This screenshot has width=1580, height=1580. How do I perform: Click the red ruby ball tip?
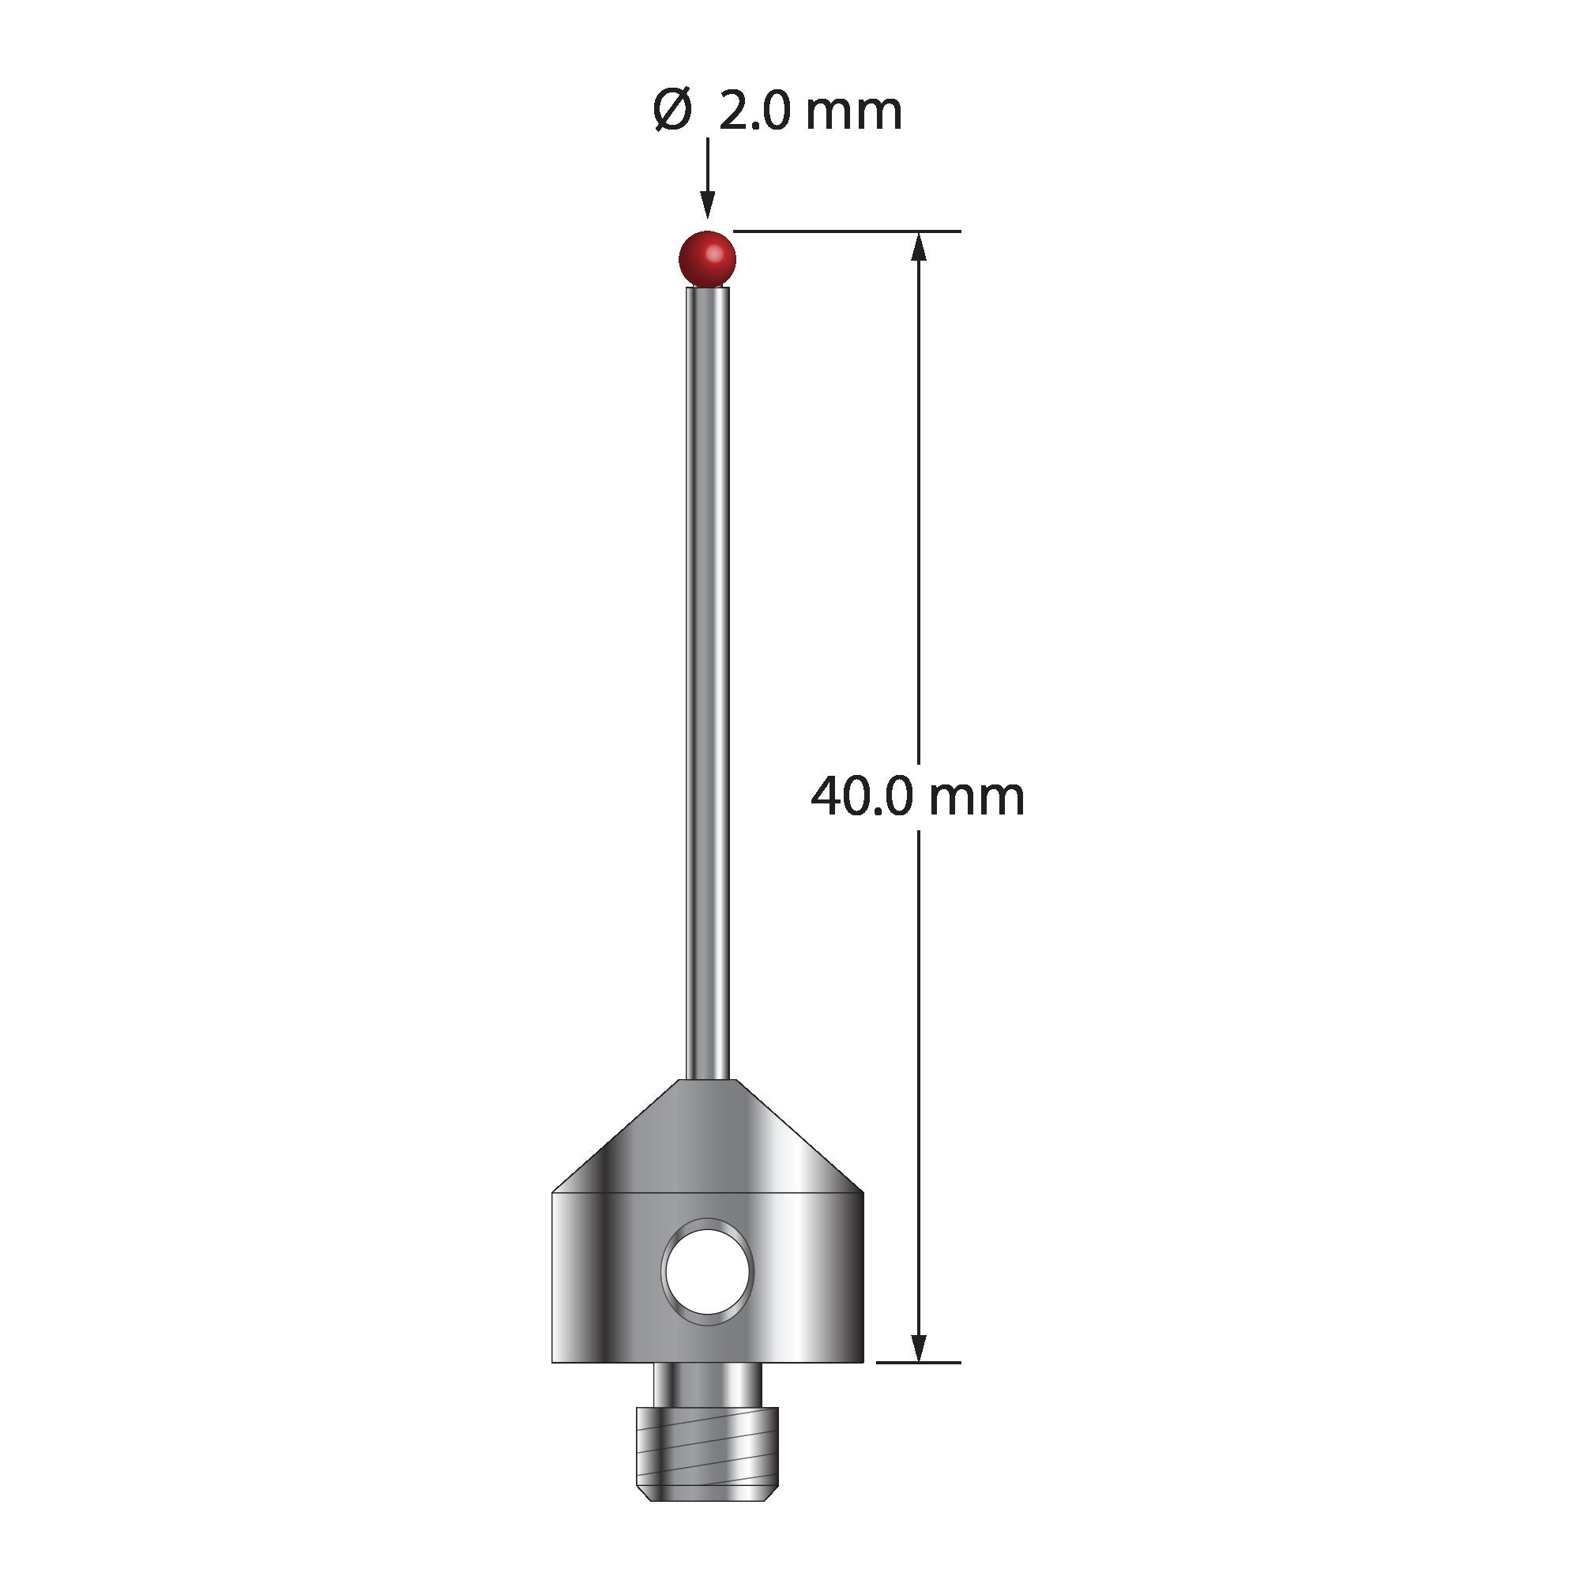[707, 258]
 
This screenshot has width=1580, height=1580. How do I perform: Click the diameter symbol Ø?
[673, 111]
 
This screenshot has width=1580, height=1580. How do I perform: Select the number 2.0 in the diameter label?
[754, 113]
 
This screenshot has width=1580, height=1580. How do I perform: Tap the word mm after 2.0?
[853, 113]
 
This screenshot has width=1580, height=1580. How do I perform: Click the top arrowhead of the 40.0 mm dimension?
[920, 246]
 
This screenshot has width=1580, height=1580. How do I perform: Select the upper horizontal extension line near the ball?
[846, 231]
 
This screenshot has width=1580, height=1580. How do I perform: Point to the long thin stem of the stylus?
[707, 679]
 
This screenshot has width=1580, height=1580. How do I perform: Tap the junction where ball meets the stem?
[707, 285]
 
